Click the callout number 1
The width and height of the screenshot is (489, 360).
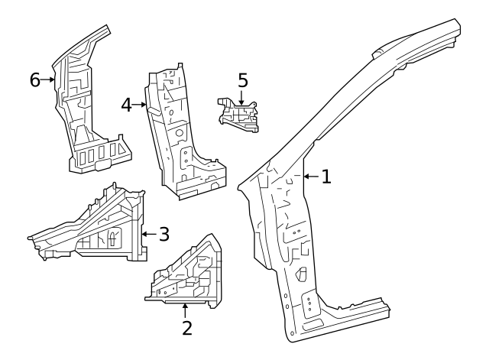[x=326, y=177]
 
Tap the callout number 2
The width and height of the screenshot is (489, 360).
[x=186, y=329]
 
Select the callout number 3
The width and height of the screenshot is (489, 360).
[x=164, y=234]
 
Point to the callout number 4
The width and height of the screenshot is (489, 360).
[x=126, y=104]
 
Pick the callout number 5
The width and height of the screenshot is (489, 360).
[x=242, y=80]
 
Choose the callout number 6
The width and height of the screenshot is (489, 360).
[x=35, y=79]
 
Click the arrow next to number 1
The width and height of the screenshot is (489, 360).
[x=309, y=177]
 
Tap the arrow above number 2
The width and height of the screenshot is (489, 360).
[x=186, y=310]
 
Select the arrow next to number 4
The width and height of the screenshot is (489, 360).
[x=141, y=104]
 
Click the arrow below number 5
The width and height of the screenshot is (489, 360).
[x=242, y=97]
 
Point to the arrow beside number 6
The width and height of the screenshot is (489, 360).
[x=50, y=79]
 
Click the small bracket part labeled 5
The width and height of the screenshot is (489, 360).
[x=238, y=116]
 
